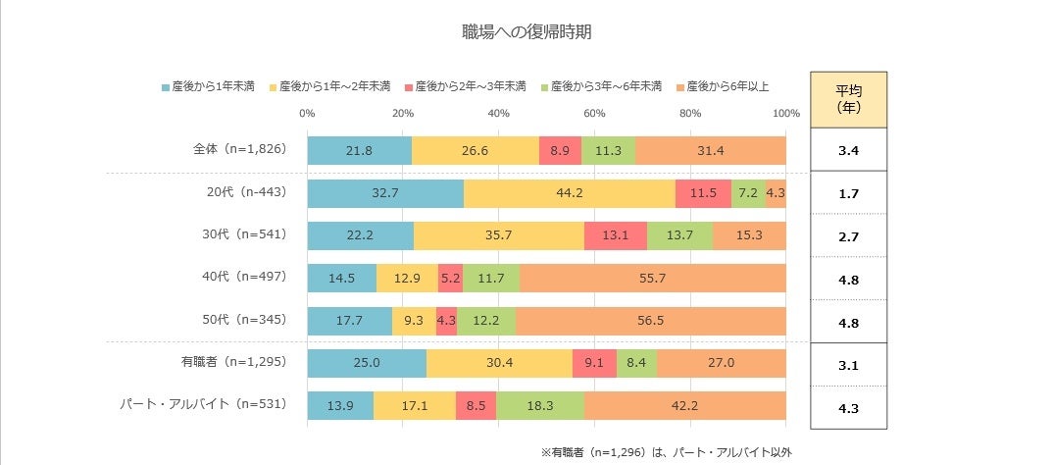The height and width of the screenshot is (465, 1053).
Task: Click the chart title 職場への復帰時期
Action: pyautogui.click(x=526, y=31)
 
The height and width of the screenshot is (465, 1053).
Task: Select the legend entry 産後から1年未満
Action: pyautogui.click(x=208, y=86)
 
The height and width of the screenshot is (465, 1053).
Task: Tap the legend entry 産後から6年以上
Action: pyautogui.click(x=726, y=86)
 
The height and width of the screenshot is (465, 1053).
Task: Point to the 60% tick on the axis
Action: pyautogui.click(x=594, y=113)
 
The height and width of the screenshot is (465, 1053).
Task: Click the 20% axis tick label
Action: pyautogui.click(x=402, y=113)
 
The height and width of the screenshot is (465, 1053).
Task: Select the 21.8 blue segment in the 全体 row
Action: pyautogui.click(x=359, y=151)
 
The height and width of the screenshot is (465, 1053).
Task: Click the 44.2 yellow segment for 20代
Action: pyautogui.click(x=570, y=193)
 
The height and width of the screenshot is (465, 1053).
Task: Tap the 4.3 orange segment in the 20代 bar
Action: pyautogui.click(x=776, y=193)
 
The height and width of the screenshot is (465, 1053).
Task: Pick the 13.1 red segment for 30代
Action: pyautogui.click(x=615, y=235)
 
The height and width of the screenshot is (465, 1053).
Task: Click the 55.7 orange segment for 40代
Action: pyautogui.click(x=652, y=279)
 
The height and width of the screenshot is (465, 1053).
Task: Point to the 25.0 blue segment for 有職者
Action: pyautogui.click(x=367, y=363)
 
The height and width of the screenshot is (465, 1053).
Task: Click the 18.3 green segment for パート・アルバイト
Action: pyautogui.click(x=540, y=405)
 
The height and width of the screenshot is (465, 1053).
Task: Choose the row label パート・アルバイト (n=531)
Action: pyautogui.click(x=203, y=404)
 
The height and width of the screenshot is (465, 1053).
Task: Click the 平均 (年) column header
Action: pyautogui.click(x=848, y=99)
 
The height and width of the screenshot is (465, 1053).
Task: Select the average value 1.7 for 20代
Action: pyautogui.click(x=848, y=193)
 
